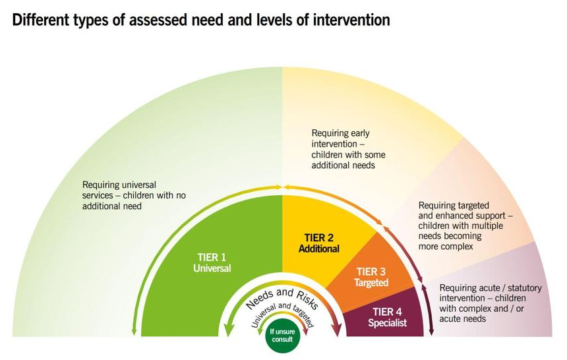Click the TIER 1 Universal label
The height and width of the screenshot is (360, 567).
[212, 262]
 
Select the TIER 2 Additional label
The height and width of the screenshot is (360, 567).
[319, 243]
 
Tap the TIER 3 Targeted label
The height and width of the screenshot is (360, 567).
[371, 277]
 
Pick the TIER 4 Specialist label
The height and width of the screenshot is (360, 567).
[387, 317]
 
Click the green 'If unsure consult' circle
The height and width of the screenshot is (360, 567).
[282, 335]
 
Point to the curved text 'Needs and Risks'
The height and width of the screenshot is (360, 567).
[282, 297]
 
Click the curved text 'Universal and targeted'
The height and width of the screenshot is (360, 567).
[283, 313]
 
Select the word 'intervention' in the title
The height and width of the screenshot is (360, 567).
[351, 20]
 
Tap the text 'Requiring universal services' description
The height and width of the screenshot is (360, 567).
[134, 195]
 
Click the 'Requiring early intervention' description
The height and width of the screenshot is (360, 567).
[348, 149]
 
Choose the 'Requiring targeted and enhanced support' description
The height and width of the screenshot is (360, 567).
[465, 225]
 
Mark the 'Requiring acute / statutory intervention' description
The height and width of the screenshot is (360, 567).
[491, 303]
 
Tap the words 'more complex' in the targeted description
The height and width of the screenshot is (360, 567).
[446, 247]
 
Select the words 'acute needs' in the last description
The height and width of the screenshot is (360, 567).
[462, 318]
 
